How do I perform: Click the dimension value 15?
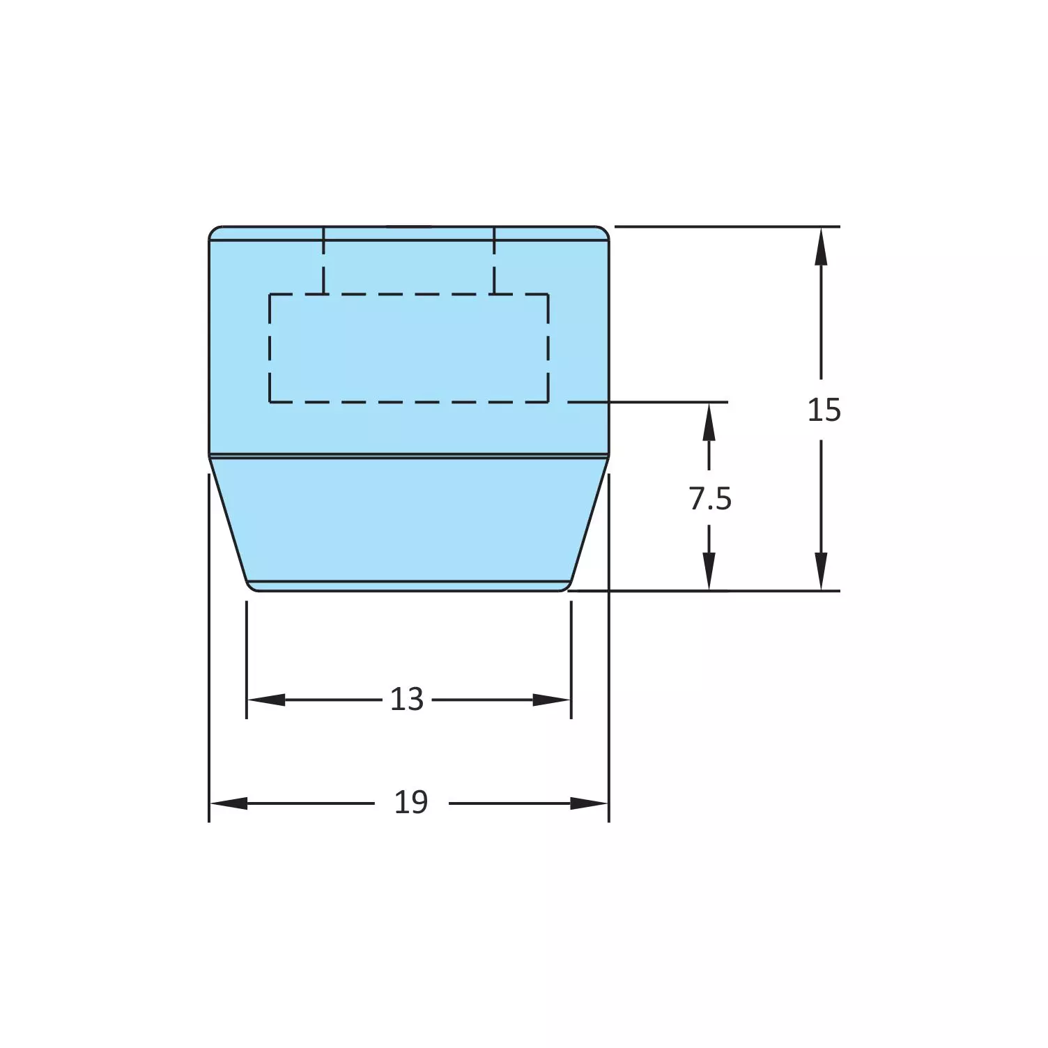coord(824,410)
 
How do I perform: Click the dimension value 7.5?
coord(710,499)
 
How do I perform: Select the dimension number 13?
coord(407,700)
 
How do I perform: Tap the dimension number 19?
coord(411,803)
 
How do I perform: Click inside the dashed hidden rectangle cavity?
coord(409,348)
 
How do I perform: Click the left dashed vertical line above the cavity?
coord(323,261)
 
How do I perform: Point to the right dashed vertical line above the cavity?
coord(494,261)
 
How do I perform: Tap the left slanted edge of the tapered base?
coord(228,519)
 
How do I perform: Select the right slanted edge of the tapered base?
coord(590,519)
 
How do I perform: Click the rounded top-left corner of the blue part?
coord(213,231)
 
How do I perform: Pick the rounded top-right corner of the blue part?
coord(605,231)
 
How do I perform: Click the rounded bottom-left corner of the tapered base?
coord(251,587)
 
